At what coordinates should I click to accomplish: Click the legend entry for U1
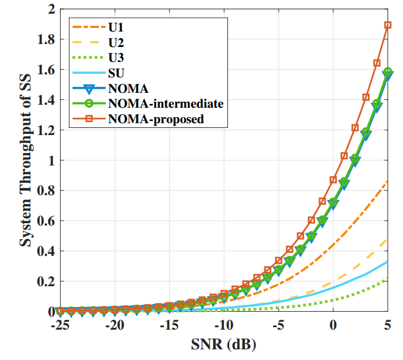point(116,27)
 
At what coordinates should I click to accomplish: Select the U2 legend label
point(116,43)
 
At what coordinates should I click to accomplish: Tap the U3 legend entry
point(116,58)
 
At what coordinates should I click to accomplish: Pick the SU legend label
point(116,74)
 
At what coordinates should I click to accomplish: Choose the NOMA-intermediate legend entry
point(165,104)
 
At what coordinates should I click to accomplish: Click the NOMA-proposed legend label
point(156,119)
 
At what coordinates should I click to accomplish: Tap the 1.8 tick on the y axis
point(46,39)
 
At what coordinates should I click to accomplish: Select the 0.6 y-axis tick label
point(46,221)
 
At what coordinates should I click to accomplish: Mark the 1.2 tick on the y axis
point(46,130)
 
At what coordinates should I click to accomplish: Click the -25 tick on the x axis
point(60,325)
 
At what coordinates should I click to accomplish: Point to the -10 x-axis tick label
point(224,325)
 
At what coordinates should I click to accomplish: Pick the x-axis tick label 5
point(388,325)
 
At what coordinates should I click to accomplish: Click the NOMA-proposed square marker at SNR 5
point(388,25)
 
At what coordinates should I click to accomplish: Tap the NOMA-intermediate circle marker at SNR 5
point(388,72)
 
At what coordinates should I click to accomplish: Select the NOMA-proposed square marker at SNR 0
point(333,180)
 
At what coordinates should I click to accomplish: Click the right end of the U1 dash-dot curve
point(388,181)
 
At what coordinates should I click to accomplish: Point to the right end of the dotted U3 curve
point(388,278)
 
